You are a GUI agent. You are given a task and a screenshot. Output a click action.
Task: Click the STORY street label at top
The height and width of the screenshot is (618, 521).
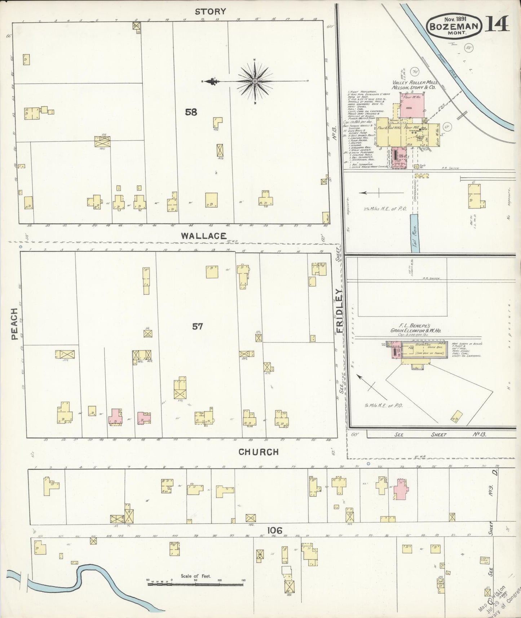tap(210, 12)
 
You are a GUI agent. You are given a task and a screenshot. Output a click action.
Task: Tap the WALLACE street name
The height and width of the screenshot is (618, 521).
tap(204, 236)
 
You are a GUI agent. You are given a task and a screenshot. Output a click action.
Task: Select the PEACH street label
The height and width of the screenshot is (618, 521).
tap(14, 324)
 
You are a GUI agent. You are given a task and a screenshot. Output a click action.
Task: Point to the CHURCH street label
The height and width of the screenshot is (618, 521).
tap(259, 452)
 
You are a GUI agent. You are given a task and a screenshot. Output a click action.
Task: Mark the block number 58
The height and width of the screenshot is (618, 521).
tap(191, 112)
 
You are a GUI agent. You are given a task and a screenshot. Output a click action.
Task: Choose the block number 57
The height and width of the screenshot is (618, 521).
tap(198, 327)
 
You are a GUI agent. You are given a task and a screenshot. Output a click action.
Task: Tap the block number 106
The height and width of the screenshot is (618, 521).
tap(274, 530)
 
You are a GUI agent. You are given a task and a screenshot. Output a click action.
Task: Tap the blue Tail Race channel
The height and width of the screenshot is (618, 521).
tap(415, 233)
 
